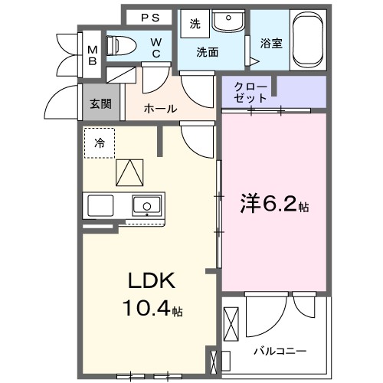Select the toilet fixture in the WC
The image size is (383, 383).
coord(123,45)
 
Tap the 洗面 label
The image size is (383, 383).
coord(207,53)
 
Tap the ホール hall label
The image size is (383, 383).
coord(161,109)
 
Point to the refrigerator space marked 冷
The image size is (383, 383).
coord(100,142)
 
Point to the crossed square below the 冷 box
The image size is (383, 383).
coord(129,172)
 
